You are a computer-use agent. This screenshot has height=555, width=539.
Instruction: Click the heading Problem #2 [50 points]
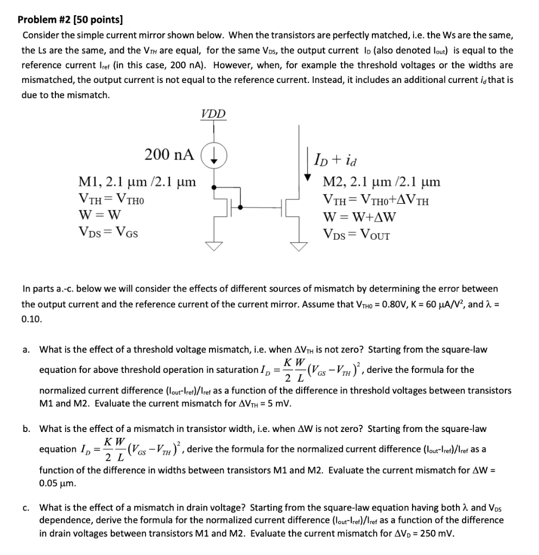pos(70,21)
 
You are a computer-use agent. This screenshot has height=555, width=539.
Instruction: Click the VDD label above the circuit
pos(213,114)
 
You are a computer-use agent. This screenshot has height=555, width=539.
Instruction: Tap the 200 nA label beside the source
pos(169,154)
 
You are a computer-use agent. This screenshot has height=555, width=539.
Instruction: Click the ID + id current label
pos(336,159)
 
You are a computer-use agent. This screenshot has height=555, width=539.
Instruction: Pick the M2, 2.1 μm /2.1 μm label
pos(381,182)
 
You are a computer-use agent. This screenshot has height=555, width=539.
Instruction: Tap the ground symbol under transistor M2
pos(300,246)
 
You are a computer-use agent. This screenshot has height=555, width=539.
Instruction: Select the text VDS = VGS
pos(108,234)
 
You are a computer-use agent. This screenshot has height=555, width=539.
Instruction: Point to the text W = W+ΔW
pos(359,217)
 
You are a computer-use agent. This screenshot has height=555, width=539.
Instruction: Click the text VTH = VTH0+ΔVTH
pos(375,199)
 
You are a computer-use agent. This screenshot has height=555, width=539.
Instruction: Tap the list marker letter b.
pos(26,429)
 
